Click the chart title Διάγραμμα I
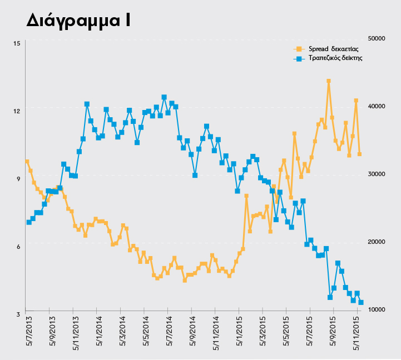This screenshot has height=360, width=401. pyautogui.click(x=78, y=21)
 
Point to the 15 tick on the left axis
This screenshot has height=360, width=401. pyautogui.click(x=17, y=43)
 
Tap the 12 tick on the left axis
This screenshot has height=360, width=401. pyautogui.click(x=17, y=111)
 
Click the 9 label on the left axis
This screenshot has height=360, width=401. pyautogui.click(x=17, y=179)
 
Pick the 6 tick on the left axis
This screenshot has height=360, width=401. pyautogui.click(x=17, y=247)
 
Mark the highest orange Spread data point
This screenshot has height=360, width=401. pyautogui.click(x=329, y=81)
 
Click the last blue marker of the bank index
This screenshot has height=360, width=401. pyautogui.click(x=361, y=302)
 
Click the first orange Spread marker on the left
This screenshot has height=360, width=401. pyautogui.click(x=27, y=162)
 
